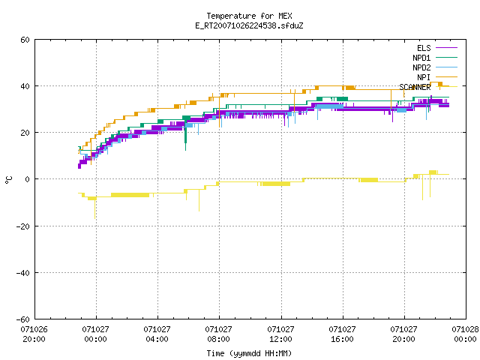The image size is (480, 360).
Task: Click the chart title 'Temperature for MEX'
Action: click(249, 16)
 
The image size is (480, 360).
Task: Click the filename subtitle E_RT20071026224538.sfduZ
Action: click(249, 25)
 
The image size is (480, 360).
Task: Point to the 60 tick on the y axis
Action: click(25, 40)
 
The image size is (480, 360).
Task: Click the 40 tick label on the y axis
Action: click(25, 86)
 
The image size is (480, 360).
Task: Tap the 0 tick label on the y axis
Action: click(27, 179)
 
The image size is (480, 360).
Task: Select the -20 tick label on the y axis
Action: click(23, 226)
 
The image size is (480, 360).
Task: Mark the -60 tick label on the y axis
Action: click(23, 319)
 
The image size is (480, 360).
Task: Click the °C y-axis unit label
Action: click(9, 180)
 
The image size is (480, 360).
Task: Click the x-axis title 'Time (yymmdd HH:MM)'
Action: click(249, 353)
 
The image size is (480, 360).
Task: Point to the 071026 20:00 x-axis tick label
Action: click(34, 334)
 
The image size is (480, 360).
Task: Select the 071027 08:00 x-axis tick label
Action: click(218, 334)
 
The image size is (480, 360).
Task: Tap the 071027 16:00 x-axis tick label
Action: click(342, 334)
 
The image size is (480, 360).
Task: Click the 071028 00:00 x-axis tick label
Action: click(465, 334)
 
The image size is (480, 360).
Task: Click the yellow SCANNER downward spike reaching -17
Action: click(95, 209)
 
